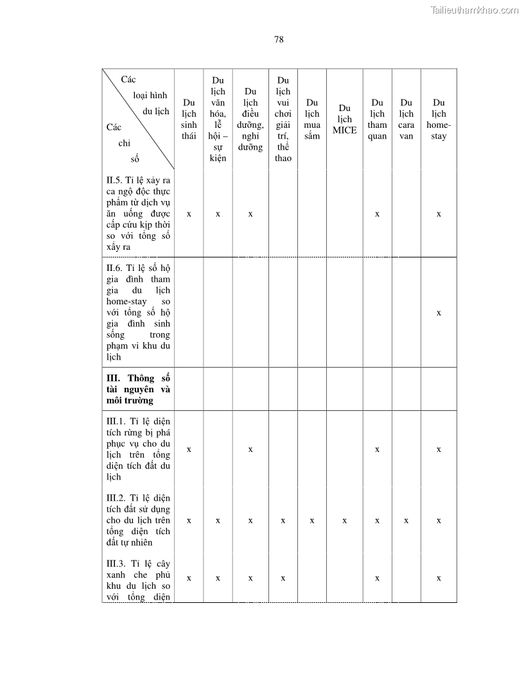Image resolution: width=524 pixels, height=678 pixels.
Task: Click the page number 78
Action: [x=279, y=39]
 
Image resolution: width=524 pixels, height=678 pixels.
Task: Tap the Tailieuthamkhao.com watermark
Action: [x=475, y=10]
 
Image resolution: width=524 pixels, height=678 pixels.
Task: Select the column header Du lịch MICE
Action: [x=344, y=119]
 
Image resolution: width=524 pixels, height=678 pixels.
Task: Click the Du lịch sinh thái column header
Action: [x=189, y=119]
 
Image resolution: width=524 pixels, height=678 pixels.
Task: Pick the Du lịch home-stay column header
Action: [x=439, y=119]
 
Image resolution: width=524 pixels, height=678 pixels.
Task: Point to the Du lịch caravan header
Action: [x=406, y=119]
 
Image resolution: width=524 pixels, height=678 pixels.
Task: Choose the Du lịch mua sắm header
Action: [x=312, y=119]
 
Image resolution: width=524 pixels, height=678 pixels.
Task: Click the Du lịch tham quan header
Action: [x=378, y=119]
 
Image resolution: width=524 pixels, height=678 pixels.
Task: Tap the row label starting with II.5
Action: [x=138, y=213]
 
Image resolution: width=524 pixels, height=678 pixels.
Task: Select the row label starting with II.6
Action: [x=138, y=312]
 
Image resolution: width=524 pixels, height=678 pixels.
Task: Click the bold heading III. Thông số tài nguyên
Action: [x=138, y=389]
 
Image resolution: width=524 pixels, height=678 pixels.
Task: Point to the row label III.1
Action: [x=138, y=449]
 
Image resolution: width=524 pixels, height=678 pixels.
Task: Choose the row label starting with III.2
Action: [x=138, y=520]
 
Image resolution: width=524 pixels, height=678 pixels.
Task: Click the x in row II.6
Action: [x=439, y=313]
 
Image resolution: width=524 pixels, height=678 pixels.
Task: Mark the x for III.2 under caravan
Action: [x=406, y=521]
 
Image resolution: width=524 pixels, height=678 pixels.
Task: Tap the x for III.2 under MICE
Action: [x=344, y=521]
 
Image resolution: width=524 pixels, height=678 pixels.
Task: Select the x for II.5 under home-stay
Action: [x=439, y=214]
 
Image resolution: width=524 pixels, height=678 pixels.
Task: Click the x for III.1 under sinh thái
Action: [x=189, y=449]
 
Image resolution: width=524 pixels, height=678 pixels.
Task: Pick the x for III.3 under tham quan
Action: [x=377, y=578]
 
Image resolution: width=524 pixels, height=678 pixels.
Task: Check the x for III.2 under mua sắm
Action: [x=312, y=521]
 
